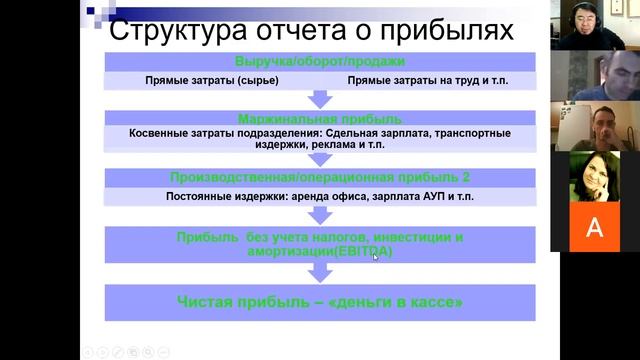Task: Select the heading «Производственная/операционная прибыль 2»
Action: coord(319,177)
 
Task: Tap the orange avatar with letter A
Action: coord(594,227)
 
